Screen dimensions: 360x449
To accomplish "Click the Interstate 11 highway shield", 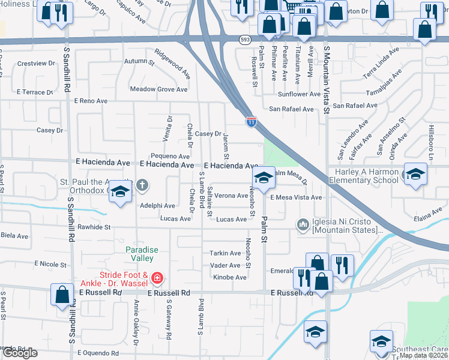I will [251, 122].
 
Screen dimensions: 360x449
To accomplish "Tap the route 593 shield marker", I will [244, 40].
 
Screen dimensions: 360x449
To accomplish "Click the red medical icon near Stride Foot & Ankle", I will [157, 278].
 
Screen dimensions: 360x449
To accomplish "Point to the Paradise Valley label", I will [139, 254].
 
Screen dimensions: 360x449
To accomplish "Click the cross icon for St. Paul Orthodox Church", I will [142, 185].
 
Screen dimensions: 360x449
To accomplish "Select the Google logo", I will [20, 353].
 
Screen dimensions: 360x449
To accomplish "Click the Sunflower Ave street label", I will [299, 94].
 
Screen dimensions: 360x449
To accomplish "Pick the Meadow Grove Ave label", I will [159, 89].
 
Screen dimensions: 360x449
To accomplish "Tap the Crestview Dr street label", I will [32, 63].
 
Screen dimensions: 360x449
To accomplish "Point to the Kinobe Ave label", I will [230, 277].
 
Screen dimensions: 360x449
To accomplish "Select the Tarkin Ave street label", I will [225, 253].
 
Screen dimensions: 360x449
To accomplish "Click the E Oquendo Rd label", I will [94, 353].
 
